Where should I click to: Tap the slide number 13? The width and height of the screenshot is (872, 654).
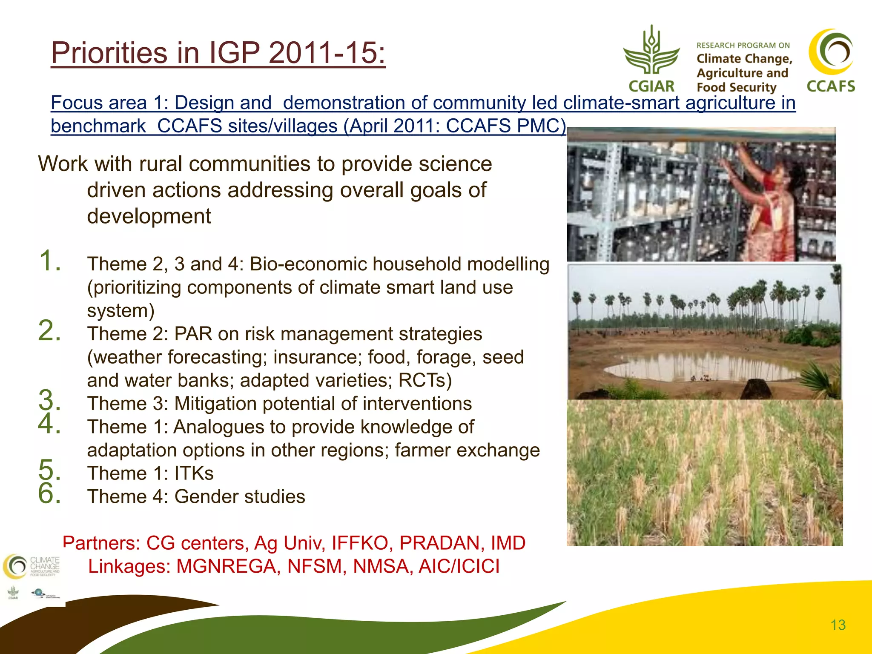(838, 625)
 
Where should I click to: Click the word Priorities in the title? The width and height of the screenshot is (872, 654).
(109, 53)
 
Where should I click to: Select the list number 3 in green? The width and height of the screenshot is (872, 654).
(49, 400)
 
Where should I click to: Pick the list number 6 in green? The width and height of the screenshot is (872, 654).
(49, 493)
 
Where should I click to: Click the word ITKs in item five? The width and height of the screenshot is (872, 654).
(194, 473)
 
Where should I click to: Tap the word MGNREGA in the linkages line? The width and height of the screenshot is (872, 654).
(226, 567)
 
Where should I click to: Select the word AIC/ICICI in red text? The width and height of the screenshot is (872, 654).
(459, 567)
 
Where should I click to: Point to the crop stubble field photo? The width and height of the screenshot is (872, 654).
(705, 473)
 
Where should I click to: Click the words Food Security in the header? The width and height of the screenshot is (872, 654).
(736, 87)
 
